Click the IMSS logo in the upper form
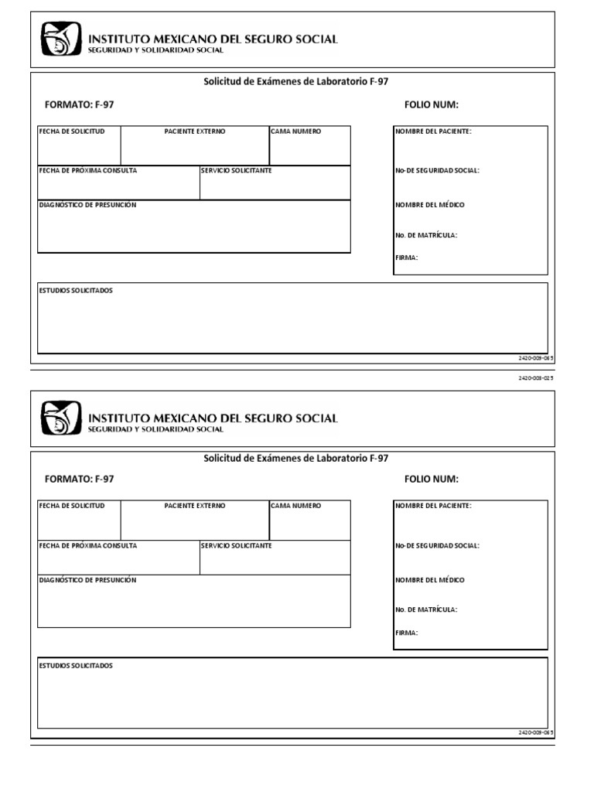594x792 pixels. [60, 39]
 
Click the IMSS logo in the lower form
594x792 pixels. [60, 418]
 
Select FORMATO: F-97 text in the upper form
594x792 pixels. [80, 104]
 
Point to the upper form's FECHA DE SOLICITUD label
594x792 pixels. [72, 131]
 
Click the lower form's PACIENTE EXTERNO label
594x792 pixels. [195, 506]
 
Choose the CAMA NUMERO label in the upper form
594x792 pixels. [295, 131]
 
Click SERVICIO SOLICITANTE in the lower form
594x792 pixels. [236, 546]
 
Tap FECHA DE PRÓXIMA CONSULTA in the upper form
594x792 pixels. [88, 170]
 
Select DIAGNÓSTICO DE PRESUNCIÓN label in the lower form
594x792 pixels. [87, 580]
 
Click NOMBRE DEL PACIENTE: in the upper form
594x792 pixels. [433, 131]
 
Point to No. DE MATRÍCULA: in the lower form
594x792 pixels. [426, 609]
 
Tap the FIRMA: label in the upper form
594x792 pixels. [407, 258]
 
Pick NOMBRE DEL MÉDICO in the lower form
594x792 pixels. [430, 580]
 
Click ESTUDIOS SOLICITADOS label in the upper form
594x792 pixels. [76, 291]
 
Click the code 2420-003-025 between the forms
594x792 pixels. [536, 378]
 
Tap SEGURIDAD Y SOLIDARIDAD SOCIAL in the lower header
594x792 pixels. [155, 429]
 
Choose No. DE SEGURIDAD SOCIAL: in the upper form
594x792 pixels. [437, 170]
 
